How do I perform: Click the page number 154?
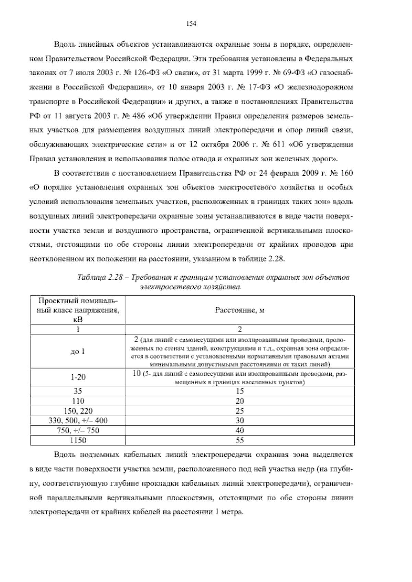[x=191, y=24]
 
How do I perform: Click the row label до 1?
[x=78, y=351]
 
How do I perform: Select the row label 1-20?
[x=78, y=377]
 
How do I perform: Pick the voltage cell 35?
[x=78, y=391]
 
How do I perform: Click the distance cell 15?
[x=240, y=391]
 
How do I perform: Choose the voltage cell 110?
[x=78, y=401]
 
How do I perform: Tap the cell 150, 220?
[x=78, y=411]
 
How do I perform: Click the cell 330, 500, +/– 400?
[x=78, y=420]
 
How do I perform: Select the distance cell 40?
[x=240, y=430]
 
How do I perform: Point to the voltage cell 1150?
[x=78, y=440]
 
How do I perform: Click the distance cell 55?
[x=240, y=440]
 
